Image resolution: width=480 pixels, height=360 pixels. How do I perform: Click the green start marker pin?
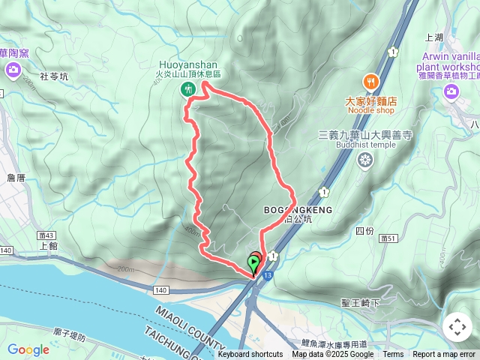[x=253, y=263]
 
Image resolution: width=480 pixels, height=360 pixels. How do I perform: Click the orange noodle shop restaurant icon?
[x=370, y=81]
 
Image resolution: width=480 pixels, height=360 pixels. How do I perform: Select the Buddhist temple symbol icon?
[x=365, y=159]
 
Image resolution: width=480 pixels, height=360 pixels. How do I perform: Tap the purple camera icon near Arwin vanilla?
[x=451, y=91]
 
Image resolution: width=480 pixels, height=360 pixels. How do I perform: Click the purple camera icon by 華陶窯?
[x=13, y=70]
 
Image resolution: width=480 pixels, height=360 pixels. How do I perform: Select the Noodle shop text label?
[x=370, y=111]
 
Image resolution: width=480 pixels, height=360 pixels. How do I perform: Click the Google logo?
[x=28, y=349]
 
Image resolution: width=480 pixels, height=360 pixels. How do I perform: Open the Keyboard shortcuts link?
[x=250, y=355]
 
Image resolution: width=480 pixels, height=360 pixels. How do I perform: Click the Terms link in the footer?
[x=393, y=355]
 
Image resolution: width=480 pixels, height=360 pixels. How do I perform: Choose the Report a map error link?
[x=445, y=355]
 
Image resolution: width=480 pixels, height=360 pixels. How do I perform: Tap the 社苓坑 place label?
[x=53, y=76]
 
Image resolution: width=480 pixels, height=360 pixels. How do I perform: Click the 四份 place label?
[x=364, y=230]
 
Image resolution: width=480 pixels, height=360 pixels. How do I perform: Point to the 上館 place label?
[x=47, y=244]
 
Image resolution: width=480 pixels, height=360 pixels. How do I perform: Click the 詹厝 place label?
[x=16, y=178]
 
